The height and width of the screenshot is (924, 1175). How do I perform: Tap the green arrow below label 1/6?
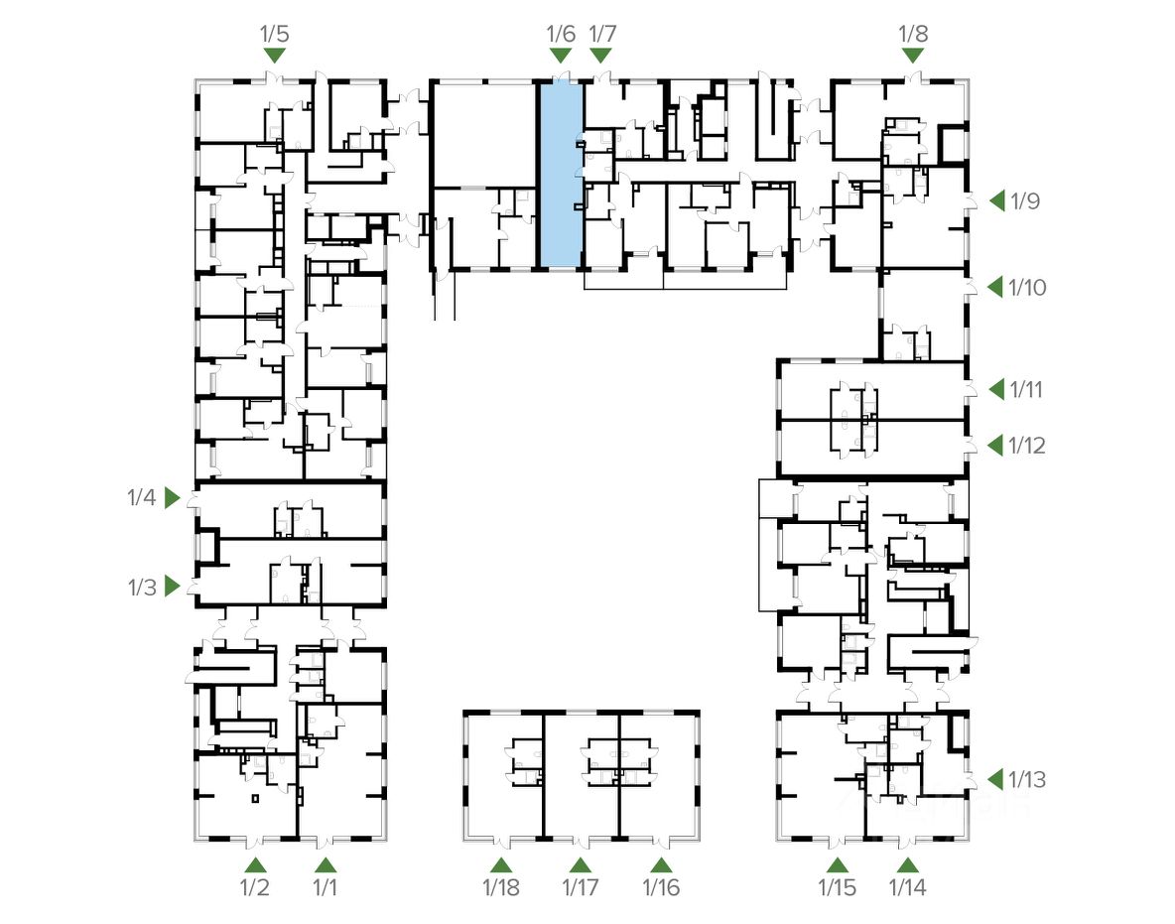(x=561, y=56)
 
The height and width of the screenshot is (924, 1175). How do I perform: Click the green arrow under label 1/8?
(x=913, y=56)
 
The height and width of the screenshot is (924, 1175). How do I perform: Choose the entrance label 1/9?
(x=1024, y=201)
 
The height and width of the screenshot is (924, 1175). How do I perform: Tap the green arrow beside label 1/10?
(x=996, y=288)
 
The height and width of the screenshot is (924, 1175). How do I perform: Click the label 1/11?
(x=1027, y=390)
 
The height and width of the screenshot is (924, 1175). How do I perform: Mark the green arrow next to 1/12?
(x=996, y=447)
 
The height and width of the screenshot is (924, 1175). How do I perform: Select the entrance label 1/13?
(x=1027, y=780)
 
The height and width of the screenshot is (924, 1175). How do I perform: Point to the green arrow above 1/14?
(x=907, y=864)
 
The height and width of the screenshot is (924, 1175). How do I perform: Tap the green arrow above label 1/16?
(x=661, y=864)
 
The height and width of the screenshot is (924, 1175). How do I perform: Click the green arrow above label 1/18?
(x=500, y=864)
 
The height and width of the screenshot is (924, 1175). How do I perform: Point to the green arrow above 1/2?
(x=255, y=864)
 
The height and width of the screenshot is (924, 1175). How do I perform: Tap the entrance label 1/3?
(x=142, y=588)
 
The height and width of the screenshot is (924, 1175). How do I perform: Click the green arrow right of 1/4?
(x=173, y=497)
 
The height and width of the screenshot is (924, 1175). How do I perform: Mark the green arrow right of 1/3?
(x=173, y=587)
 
